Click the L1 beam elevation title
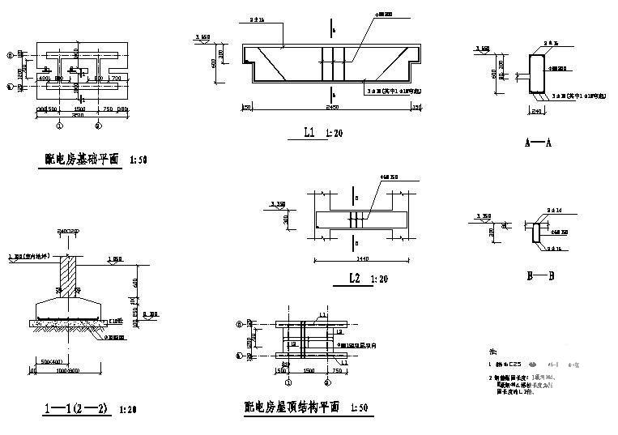click(309, 132)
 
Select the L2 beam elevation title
click(353, 279)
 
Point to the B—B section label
click(540, 276)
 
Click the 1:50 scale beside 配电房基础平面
click(138, 160)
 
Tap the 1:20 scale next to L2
click(377, 279)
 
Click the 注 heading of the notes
click(492, 352)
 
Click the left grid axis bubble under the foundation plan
click(59, 126)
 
